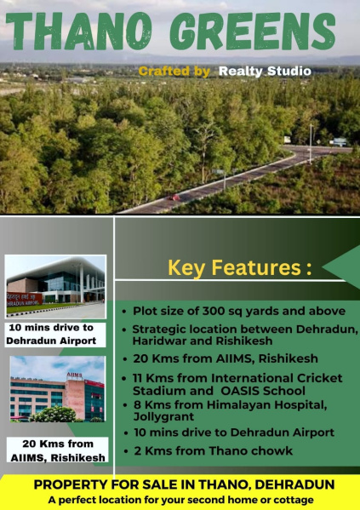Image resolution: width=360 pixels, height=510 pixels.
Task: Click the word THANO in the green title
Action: click(x=79, y=32)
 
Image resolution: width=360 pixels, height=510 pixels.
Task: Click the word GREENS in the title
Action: click(x=253, y=32)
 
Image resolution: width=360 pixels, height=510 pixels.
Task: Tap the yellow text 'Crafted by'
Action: click(x=174, y=72)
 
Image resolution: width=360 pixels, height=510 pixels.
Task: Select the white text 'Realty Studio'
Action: click(x=265, y=72)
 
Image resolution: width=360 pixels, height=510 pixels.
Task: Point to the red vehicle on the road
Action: click(x=174, y=198)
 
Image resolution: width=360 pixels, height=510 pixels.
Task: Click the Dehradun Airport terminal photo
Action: click(x=55, y=287)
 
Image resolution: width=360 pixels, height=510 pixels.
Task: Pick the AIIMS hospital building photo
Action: click(x=58, y=389)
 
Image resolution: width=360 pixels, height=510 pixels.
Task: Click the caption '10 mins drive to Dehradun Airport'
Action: click(x=51, y=334)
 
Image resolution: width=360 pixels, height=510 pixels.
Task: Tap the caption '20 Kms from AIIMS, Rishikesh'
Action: click(x=58, y=450)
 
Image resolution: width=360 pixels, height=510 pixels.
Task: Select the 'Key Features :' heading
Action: click(x=240, y=267)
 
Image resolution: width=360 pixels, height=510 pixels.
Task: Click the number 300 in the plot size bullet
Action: click(x=214, y=311)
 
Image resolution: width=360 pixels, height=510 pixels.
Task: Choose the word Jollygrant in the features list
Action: click(x=163, y=416)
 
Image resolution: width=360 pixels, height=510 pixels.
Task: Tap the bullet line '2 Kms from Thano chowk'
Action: click(x=213, y=451)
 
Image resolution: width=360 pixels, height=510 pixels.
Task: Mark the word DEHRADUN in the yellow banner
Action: click(x=294, y=484)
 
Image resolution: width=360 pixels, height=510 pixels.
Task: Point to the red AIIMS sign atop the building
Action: click(x=75, y=375)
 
